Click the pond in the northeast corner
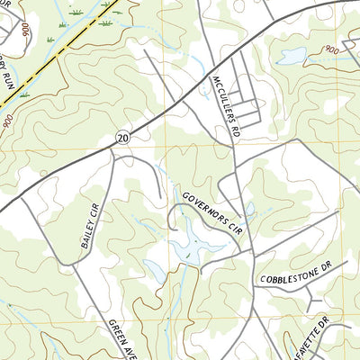[x=292, y=57]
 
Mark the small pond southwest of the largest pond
[x=155, y=269]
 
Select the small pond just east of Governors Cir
[x=249, y=209]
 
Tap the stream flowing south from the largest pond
[x=184, y=297]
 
